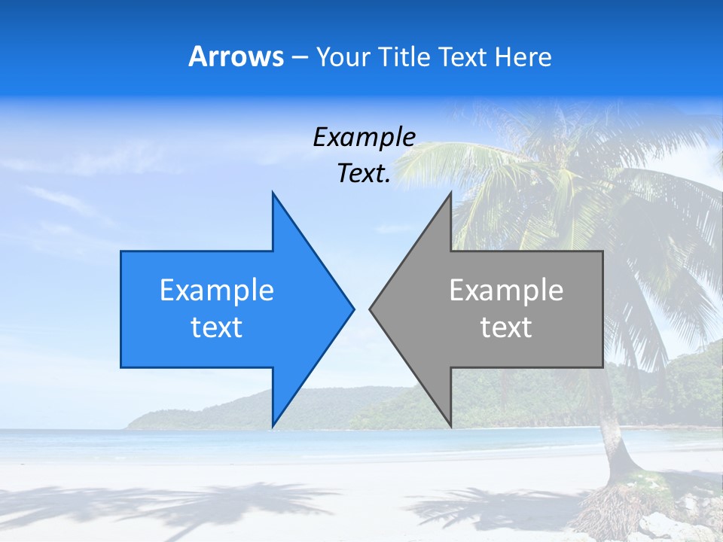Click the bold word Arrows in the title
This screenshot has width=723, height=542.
click(x=236, y=56)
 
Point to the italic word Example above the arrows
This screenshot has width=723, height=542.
click(x=364, y=137)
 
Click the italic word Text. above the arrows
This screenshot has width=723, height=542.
click(x=364, y=174)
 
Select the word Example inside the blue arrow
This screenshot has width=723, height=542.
click(x=217, y=290)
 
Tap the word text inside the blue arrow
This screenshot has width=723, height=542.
click(x=217, y=327)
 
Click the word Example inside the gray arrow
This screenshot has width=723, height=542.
click(x=506, y=290)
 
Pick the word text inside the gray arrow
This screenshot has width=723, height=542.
click(x=506, y=327)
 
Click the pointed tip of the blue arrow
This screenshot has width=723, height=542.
click(x=353, y=309)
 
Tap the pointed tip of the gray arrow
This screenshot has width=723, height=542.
click(x=370, y=309)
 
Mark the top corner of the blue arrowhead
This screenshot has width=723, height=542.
click(x=273, y=193)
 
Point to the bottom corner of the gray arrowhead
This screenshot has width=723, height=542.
click(x=451, y=426)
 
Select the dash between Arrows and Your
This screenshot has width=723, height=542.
click(x=300, y=57)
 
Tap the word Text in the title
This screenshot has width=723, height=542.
click(x=463, y=56)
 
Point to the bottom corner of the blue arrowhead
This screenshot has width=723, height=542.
click(x=273, y=426)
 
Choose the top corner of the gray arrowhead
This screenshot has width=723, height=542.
click(x=451, y=193)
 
